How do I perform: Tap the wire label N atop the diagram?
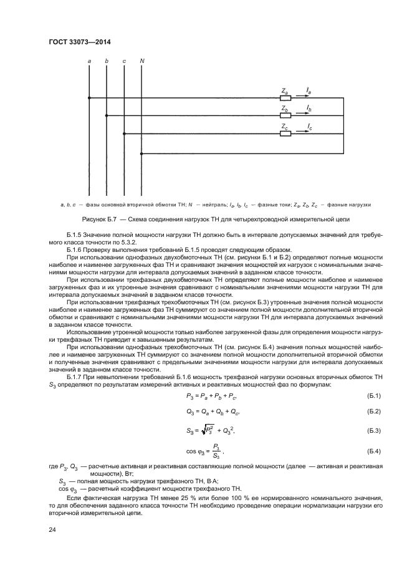click(142, 60)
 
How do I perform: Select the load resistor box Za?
click(285, 98)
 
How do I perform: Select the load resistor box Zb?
click(285, 115)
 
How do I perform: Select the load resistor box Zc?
click(285, 133)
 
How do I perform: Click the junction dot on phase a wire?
click(90, 98)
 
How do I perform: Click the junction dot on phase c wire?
click(125, 133)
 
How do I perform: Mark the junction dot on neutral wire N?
click(142, 153)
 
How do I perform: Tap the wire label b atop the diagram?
click(107, 60)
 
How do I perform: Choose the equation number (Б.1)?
click(374, 397)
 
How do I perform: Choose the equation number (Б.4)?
click(374, 450)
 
